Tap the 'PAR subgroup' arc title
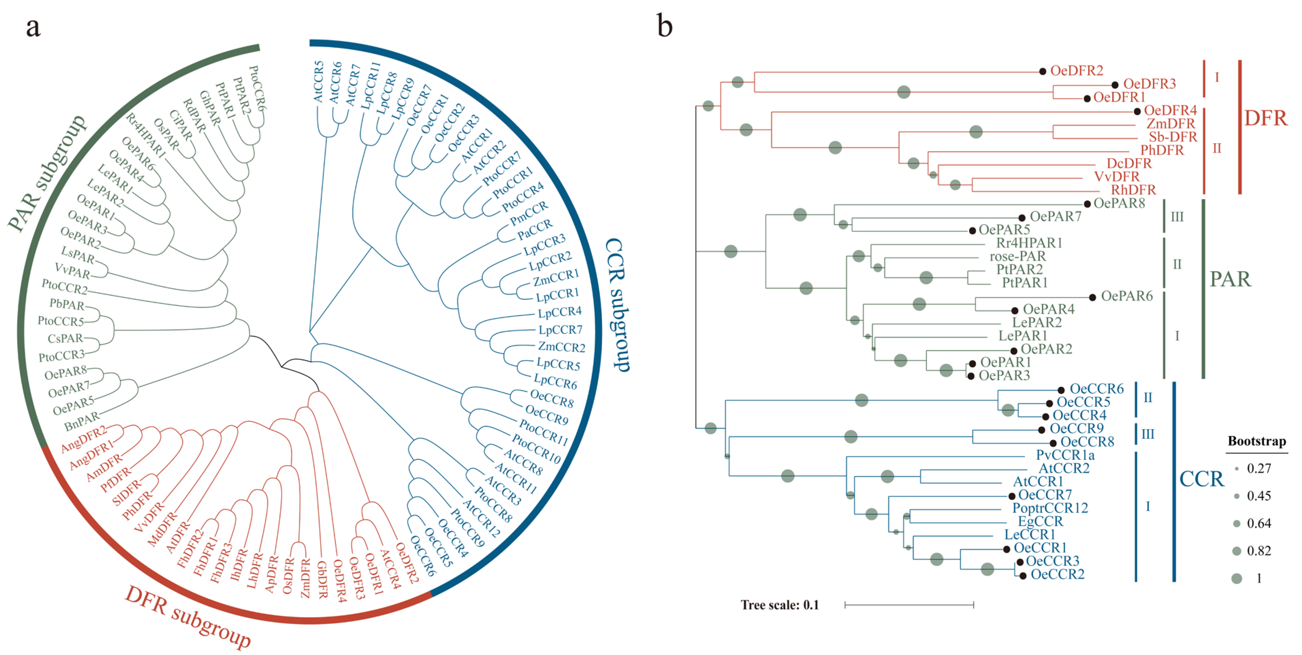point(47,173)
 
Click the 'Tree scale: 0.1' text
point(779,605)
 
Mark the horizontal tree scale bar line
point(909,605)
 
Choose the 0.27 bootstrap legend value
point(1258,468)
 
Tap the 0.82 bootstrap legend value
point(1258,550)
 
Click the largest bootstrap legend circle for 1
point(1237,578)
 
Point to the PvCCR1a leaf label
point(1065,455)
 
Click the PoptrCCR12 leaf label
point(1050,508)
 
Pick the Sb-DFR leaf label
point(1173,137)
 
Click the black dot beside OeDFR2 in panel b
point(1042,71)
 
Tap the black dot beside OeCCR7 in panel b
point(1011,496)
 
